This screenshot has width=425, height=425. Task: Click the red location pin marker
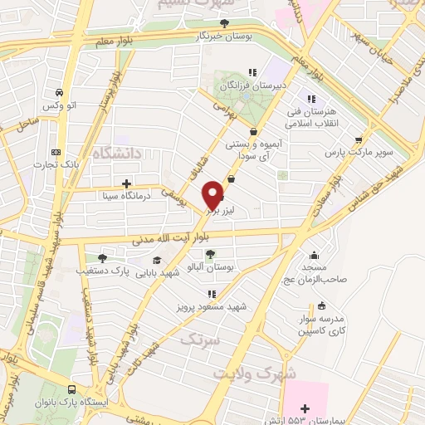[213, 194]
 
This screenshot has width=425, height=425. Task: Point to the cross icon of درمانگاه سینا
[126, 183]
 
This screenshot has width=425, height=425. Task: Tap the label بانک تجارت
[55, 164]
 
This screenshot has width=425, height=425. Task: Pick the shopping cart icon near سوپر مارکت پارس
[359, 140]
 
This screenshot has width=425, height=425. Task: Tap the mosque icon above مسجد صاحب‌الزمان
[315, 255]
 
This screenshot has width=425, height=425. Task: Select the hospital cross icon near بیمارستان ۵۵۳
[305, 408]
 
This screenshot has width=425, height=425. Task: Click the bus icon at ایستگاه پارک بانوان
[73, 389]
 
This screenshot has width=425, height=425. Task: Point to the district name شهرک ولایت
[254, 373]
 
